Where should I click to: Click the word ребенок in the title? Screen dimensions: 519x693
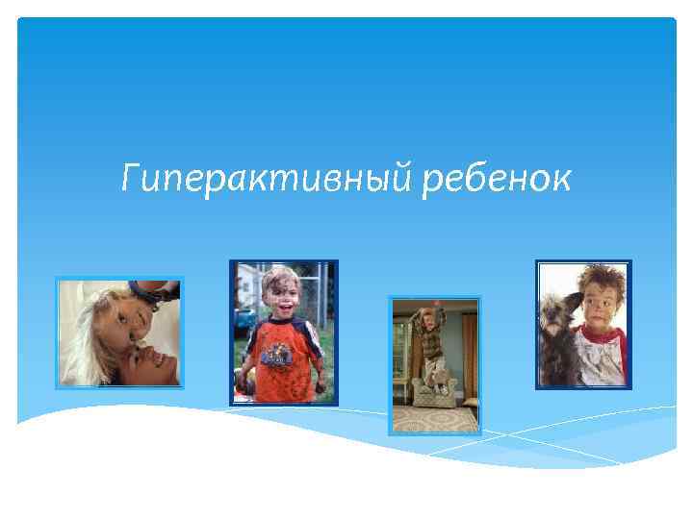point(497,177)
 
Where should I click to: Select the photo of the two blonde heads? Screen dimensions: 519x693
point(119,333)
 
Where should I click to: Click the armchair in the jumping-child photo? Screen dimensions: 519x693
point(434,389)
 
